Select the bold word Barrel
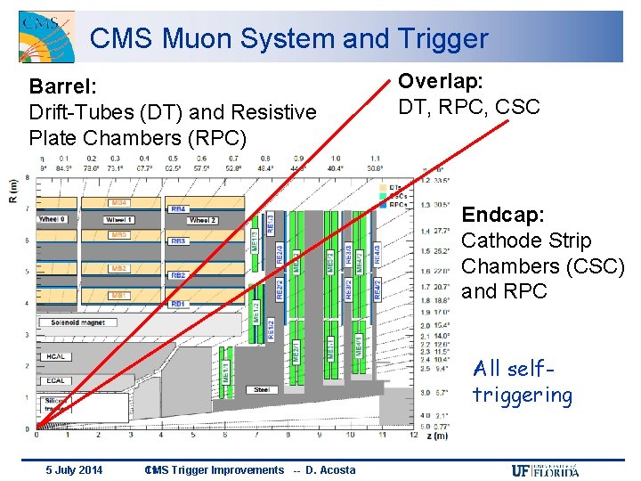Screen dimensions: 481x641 (x=62, y=86)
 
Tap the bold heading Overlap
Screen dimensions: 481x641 (x=440, y=81)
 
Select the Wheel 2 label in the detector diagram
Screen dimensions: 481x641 (x=202, y=220)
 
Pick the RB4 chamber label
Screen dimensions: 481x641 (x=178, y=208)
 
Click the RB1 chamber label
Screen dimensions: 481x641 (x=178, y=304)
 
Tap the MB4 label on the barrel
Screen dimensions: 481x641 (x=119, y=203)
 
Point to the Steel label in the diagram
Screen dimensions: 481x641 (x=262, y=388)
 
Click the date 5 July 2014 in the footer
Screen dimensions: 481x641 (x=74, y=470)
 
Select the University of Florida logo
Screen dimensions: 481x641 (x=545, y=470)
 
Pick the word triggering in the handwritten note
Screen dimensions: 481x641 (x=522, y=395)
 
